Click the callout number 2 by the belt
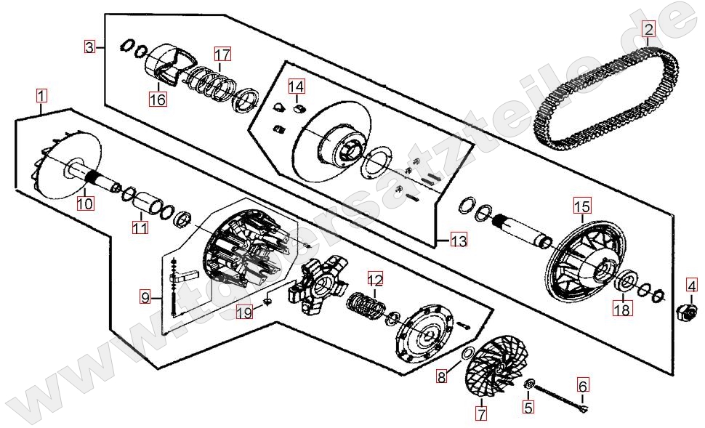coord(648,29)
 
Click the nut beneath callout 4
coord(688,311)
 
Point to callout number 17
coord(222,54)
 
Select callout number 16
coord(158,99)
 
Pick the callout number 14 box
coord(297,86)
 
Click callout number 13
coord(459,241)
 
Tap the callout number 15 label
coord(581,207)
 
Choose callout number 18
coord(623,309)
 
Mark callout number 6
coord(582,385)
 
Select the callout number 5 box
coord(528,407)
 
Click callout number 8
coord(442,376)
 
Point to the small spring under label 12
coord(366,304)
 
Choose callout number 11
coord(140,227)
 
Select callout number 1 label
coord(41,96)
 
